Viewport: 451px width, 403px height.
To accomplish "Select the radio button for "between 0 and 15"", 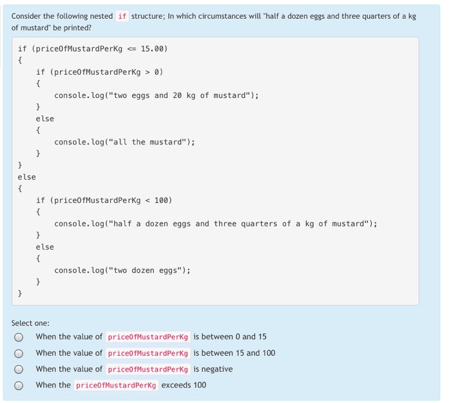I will coord(19,337).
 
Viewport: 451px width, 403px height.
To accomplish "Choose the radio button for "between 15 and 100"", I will coord(19,353).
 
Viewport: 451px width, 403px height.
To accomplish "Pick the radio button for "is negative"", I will coord(19,369).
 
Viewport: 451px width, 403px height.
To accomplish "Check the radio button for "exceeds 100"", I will coord(19,386).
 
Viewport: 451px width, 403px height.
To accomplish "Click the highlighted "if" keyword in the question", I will coord(122,16).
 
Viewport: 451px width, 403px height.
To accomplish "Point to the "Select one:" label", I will coord(30,322).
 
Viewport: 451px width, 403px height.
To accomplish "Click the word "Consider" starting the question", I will coord(26,16).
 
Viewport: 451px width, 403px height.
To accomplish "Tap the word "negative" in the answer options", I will coord(217,369).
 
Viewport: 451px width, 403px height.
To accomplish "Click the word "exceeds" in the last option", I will coord(175,385).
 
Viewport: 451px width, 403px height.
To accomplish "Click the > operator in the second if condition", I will coord(148,72).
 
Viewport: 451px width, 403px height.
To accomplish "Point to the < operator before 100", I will coord(148,201).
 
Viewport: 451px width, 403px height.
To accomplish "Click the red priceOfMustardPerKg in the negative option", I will coord(148,369).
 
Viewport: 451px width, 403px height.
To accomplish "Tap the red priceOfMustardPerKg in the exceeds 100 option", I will coord(116,386).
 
